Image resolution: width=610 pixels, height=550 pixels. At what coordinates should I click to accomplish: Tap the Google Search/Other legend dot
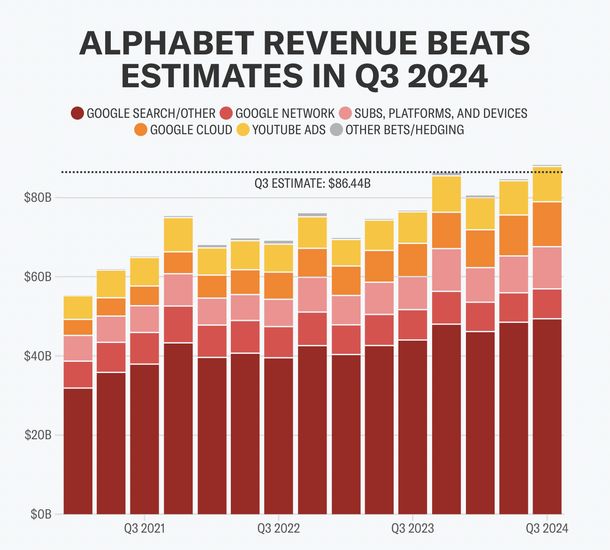coord(77,114)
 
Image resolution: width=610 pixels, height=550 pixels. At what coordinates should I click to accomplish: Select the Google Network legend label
coord(285,114)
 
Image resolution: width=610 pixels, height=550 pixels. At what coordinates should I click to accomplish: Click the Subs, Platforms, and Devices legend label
coord(441,114)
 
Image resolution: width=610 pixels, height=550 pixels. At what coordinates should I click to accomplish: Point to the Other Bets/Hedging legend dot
coord(336,130)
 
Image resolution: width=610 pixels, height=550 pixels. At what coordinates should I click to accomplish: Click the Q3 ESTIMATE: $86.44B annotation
coord(313,183)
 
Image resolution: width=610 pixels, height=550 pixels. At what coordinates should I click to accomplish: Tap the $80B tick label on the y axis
coord(38,198)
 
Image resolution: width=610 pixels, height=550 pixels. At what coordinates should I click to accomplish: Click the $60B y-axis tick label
coord(38,277)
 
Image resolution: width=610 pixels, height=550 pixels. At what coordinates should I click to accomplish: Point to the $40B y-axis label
coord(38,356)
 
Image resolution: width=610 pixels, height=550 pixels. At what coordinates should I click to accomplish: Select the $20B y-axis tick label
coord(38,435)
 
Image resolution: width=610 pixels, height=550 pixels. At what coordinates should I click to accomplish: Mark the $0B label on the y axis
coord(40,514)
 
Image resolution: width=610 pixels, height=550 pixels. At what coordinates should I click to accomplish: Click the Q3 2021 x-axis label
coord(145,528)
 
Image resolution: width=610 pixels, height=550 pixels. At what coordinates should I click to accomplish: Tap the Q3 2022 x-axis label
coord(278,528)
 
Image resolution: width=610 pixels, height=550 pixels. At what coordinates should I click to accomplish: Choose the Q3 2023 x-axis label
coord(412,528)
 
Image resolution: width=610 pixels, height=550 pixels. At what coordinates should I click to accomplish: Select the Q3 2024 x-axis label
coord(547,528)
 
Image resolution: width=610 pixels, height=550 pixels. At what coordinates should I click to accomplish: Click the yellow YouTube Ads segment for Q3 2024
coord(547,184)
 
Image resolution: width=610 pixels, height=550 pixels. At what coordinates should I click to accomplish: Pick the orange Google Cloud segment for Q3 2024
coord(547,224)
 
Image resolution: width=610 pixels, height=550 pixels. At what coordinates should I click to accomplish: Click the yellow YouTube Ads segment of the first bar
coord(78,307)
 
